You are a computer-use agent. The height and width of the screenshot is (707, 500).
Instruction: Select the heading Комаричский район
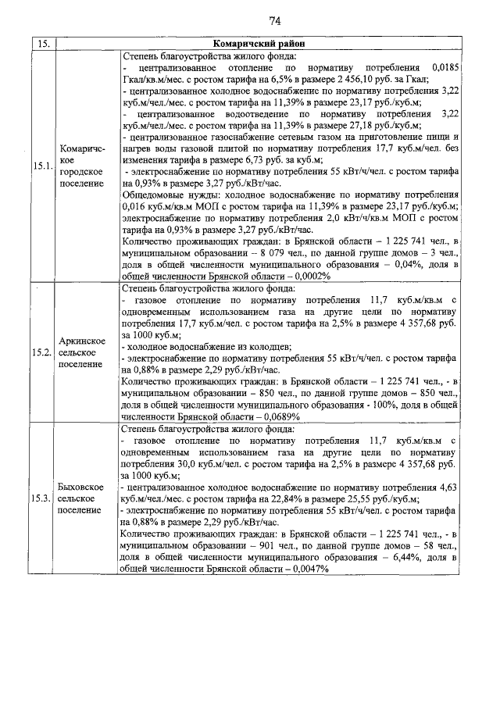point(256,44)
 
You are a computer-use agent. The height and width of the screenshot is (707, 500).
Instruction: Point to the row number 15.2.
point(41,352)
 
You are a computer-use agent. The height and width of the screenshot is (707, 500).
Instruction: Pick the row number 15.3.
point(41,498)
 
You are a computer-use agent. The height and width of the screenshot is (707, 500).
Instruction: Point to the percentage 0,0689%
point(279,416)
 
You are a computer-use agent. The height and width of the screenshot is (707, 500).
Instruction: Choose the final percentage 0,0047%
point(306,570)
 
